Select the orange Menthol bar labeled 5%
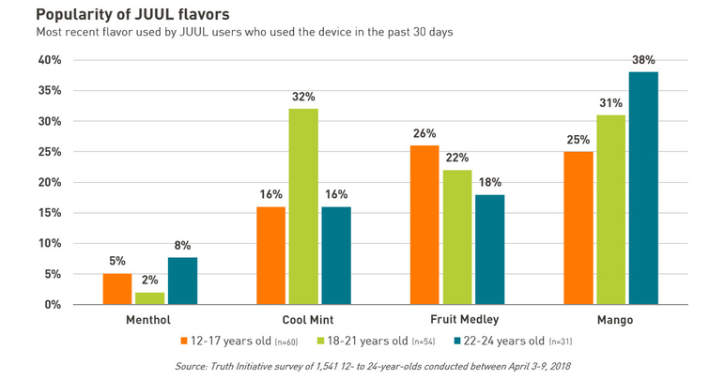tap(117, 289)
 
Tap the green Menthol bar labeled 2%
tap(150, 298)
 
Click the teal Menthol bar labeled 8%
tap(182, 281)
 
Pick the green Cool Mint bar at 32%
tap(303, 206)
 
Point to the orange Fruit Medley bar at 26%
tap(424, 225)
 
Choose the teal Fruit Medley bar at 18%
tap(489, 250)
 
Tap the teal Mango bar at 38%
tap(643, 188)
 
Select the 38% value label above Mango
tap(643, 59)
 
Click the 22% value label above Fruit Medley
tap(457, 158)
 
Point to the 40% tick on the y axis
tap(49, 60)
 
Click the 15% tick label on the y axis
tap(49, 213)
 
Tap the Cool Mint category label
tap(302, 320)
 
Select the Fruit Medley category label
tap(457, 320)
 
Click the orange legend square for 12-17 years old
tap(184, 341)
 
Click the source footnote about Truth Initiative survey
tap(373, 366)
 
